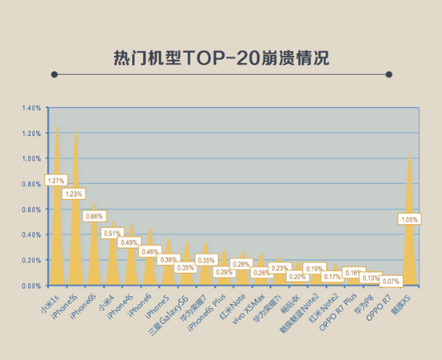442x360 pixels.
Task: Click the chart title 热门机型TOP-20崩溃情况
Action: point(221,58)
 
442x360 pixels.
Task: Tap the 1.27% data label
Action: point(56,181)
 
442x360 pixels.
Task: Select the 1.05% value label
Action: point(408,218)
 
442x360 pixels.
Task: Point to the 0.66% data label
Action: point(95,216)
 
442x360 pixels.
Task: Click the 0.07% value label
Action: point(391,282)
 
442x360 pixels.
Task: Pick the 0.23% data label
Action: point(279,268)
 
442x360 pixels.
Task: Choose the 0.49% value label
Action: point(130,242)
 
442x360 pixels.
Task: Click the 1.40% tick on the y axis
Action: point(32,108)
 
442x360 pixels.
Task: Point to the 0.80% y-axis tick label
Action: point(32,184)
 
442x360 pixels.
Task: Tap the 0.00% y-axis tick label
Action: point(32,286)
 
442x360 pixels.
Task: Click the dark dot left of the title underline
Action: point(54,74)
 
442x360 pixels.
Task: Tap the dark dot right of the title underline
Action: point(388,74)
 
